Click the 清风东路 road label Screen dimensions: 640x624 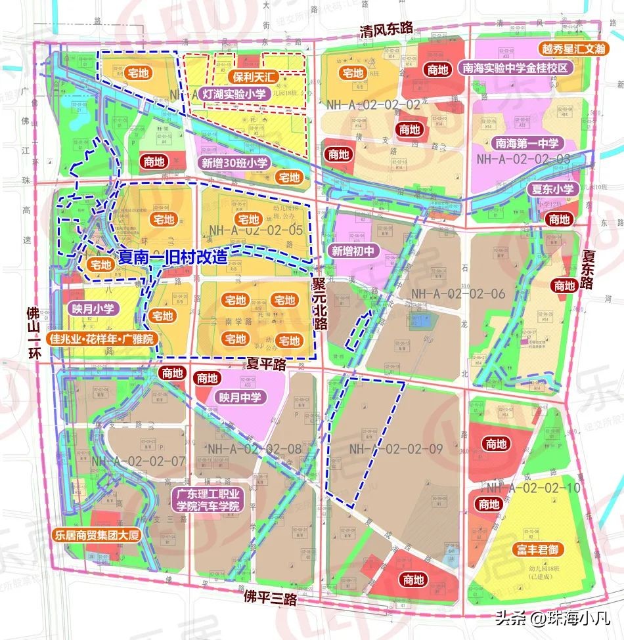pos(386,29)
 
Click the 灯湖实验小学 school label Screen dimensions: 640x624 pos(234,95)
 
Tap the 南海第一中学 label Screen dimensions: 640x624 pos(525,142)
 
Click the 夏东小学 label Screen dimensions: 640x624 pos(552,189)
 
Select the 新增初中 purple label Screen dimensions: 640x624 pos(353,250)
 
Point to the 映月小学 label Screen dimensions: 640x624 pos(90,307)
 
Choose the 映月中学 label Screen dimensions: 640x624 pos(240,396)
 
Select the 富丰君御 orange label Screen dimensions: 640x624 pos(537,549)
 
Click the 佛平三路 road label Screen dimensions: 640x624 pos(270,598)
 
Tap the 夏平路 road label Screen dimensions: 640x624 pos(266,362)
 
